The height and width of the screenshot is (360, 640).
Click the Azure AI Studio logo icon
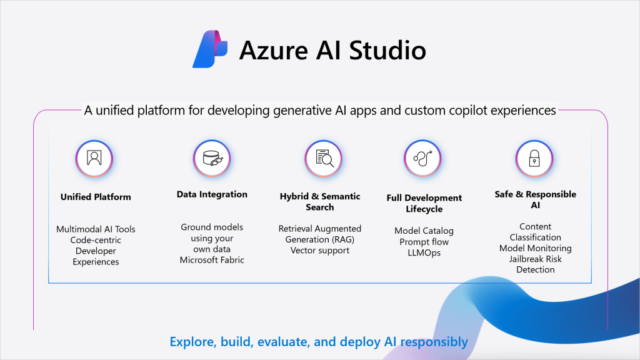(x=210, y=49)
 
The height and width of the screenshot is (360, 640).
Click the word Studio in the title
(x=387, y=50)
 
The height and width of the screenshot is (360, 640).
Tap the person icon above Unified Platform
(x=94, y=158)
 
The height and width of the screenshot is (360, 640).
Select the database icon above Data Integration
(x=212, y=158)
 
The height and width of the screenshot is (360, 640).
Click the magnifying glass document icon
(x=323, y=158)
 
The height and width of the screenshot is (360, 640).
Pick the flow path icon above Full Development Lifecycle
(x=422, y=158)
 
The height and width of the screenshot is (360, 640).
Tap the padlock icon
(x=534, y=158)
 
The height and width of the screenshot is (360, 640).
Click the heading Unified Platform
(x=96, y=197)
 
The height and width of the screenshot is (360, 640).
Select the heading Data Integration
(x=212, y=194)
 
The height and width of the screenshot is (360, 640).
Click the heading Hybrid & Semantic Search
(x=320, y=202)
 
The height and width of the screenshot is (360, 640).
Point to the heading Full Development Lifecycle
(x=424, y=203)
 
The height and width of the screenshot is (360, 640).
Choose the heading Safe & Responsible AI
(x=536, y=199)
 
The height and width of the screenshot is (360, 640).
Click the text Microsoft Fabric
(x=212, y=260)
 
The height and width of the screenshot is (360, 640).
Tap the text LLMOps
(x=424, y=252)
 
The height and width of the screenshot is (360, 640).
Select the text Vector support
(x=320, y=250)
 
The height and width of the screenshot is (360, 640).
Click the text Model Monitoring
(x=536, y=248)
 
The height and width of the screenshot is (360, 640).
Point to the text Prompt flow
(x=424, y=242)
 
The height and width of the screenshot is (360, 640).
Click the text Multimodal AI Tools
(x=96, y=229)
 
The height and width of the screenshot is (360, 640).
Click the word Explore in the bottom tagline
(x=192, y=342)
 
